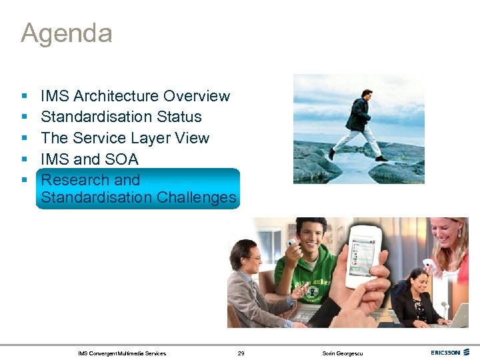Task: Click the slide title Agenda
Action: click(x=66, y=33)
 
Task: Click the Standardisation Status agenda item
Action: click(x=121, y=117)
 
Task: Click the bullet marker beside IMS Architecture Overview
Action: click(x=24, y=97)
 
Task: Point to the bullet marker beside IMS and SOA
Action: click(x=24, y=160)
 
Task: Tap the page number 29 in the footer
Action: click(x=241, y=353)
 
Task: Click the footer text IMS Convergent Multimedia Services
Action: click(x=122, y=353)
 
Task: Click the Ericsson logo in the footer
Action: click(x=450, y=353)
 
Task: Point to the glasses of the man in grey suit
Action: click(x=253, y=257)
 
